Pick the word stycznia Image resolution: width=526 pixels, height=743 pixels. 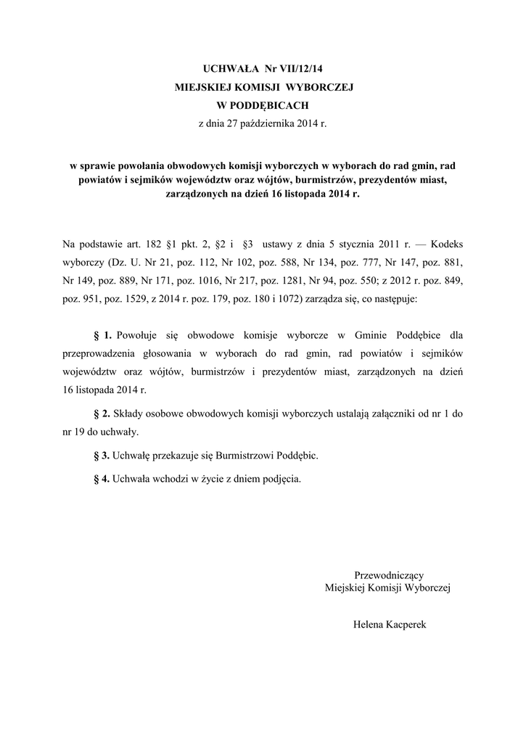[x=347, y=245]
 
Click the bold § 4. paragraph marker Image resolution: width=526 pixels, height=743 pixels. [x=103, y=479]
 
